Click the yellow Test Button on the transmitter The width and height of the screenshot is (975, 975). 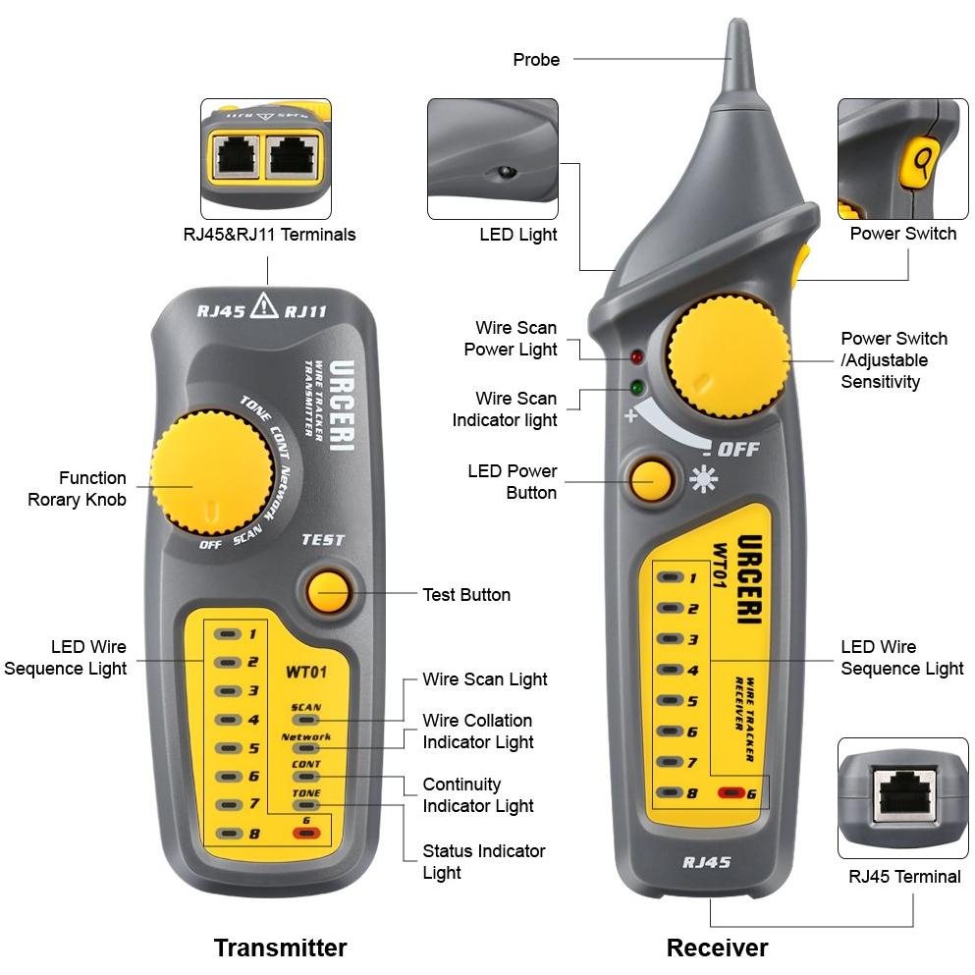coord(328,592)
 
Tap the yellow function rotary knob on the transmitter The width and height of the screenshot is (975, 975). coord(211,472)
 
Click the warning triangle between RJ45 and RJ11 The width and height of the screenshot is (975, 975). coord(264,304)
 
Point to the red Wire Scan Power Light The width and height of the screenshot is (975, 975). coord(636,357)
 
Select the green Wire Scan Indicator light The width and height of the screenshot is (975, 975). coord(636,389)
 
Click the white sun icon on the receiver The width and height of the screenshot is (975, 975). coord(703,479)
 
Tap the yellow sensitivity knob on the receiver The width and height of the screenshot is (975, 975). coord(729,357)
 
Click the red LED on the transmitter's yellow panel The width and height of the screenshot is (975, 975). coord(306,833)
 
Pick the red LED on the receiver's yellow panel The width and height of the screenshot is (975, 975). coord(731,792)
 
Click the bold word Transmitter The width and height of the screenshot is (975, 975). coord(281,948)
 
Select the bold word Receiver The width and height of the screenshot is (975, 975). coord(717,948)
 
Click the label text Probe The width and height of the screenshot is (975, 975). coord(536,60)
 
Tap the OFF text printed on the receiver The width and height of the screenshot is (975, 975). coord(738,449)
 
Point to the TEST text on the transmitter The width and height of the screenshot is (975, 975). coord(323,540)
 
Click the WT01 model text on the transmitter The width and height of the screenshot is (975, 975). coord(306,672)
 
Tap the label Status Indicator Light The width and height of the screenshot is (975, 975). coord(484,861)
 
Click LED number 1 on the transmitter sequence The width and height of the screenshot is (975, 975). coord(228,634)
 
